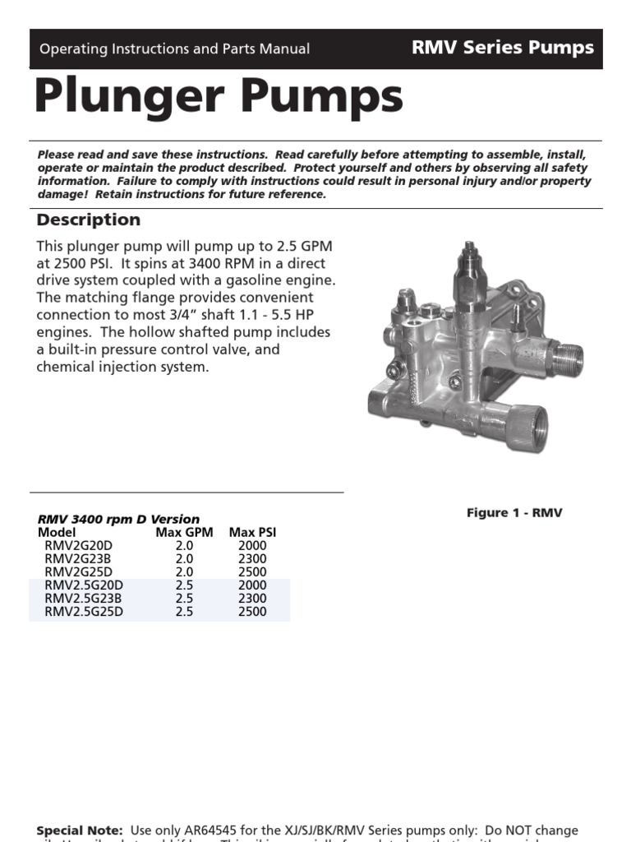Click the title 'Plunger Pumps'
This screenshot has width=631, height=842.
point(219,98)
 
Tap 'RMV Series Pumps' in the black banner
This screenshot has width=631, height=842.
point(503,48)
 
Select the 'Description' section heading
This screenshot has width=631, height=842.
point(89,220)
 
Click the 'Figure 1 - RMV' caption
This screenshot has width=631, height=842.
point(514,512)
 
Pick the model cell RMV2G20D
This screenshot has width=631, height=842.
point(79,545)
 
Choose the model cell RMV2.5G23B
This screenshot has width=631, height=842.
point(84,598)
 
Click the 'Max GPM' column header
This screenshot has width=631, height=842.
point(184,532)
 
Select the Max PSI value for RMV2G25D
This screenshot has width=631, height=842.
point(252,571)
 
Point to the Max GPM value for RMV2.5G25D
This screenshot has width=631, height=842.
point(184,611)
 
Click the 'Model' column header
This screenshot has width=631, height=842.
point(57,532)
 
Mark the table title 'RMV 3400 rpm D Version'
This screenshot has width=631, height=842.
point(118,519)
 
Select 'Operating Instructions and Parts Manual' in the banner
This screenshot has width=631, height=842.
point(175,49)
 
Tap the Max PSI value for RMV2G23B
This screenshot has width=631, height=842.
point(252,558)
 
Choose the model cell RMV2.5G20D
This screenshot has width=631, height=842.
point(84,585)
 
